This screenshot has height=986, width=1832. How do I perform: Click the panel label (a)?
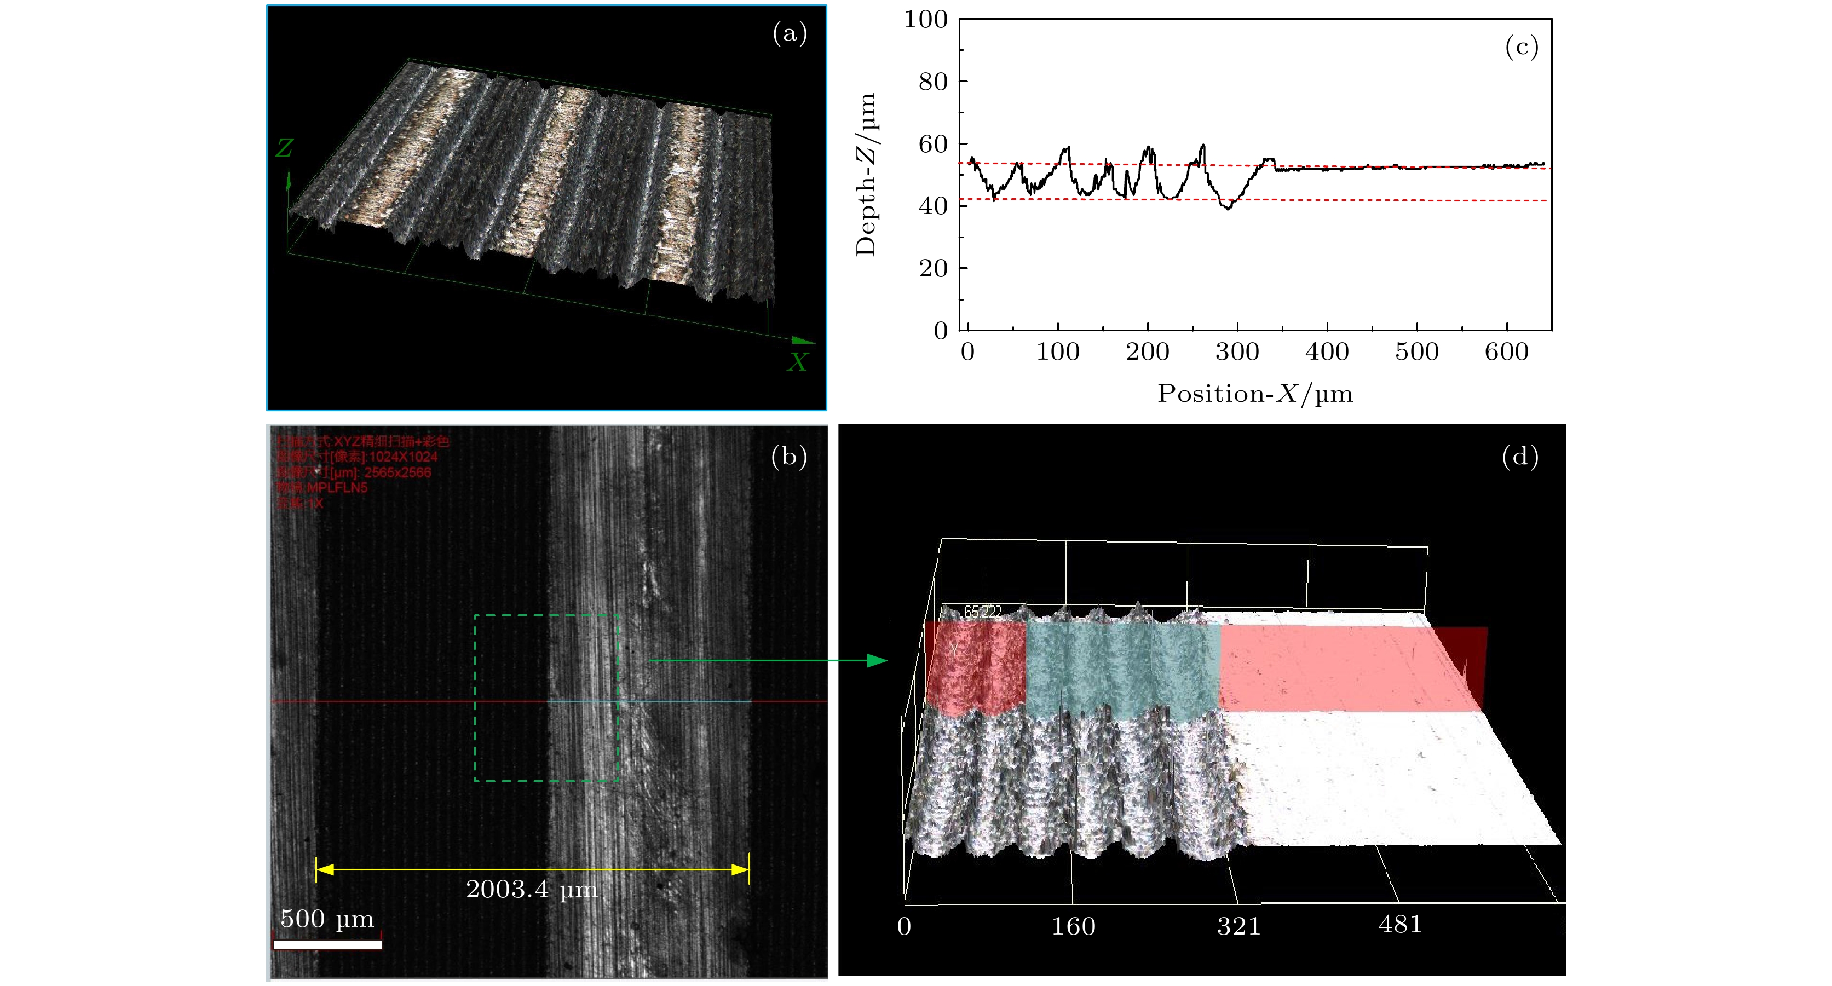click(x=790, y=33)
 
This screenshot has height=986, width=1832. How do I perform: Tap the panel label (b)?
click(x=788, y=457)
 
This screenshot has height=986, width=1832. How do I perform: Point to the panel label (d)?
click(x=1520, y=457)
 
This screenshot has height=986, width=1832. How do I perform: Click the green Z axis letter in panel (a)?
click(x=285, y=148)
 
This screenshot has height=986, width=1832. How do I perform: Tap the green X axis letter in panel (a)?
click(x=797, y=362)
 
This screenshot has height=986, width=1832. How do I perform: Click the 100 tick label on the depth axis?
click(x=925, y=19)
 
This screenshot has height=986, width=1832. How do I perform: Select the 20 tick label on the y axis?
click(x=933, y=268)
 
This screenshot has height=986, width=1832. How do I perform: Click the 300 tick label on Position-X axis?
click(x=1237, y=351)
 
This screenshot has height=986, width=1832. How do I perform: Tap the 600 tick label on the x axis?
click(x=1506, y=351)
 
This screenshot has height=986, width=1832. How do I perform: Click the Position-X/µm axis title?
click(x=1254, y=393)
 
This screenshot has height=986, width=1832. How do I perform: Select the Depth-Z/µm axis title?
click(x=866, y=174)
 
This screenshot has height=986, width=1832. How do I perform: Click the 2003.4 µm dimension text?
click(x=531, y=889)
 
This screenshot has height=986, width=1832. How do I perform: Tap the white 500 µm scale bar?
click(x=327, y=944)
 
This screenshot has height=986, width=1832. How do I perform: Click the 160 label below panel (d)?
click(x=1073, y=926)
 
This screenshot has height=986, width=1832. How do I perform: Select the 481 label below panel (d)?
click(x=1399, y=924)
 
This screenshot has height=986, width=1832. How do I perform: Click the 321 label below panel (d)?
click(x=1238, y=926)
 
